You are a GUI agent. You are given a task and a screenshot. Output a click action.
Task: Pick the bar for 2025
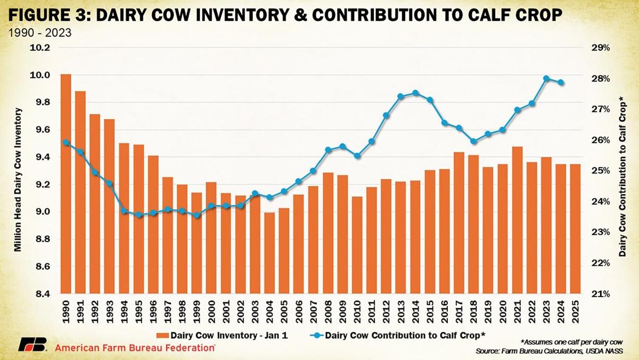[x=575, y=229]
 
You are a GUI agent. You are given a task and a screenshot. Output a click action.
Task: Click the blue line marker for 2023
[x=546, y=78]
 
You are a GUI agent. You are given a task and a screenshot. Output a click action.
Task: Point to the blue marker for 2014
[x=415, y=93]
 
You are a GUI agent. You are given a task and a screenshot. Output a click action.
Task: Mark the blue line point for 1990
[x=66, y=142]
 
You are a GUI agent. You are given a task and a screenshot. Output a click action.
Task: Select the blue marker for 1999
[x=196, y=215]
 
